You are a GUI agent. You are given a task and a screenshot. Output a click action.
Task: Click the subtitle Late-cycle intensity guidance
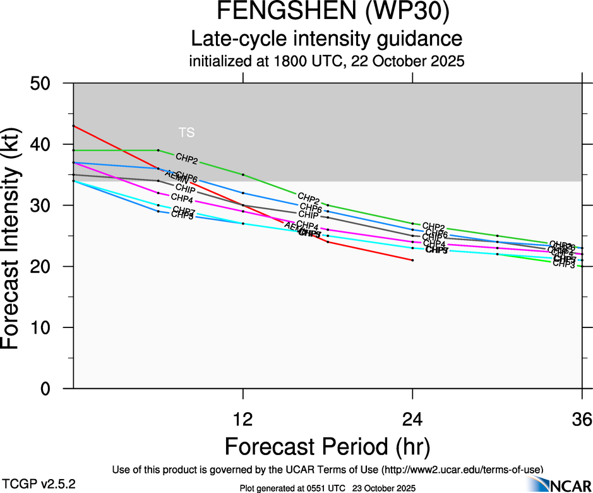click(327, 39)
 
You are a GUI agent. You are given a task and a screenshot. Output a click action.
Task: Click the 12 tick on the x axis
click(243, 419)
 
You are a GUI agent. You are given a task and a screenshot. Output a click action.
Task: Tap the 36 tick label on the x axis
click(582, 419)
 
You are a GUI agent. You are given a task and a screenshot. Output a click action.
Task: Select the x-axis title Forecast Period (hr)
click(327, 447)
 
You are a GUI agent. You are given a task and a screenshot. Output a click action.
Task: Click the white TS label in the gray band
click(186, 133)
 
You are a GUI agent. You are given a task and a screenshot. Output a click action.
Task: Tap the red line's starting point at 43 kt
click(74, 126)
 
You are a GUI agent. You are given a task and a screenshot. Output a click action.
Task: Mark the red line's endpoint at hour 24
click(412, 260)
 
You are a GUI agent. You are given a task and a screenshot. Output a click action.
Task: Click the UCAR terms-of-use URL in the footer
click(462, 470)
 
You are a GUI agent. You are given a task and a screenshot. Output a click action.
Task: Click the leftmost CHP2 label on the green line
click(186, 157)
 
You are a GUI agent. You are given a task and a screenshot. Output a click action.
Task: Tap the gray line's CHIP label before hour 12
click(185, 188)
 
